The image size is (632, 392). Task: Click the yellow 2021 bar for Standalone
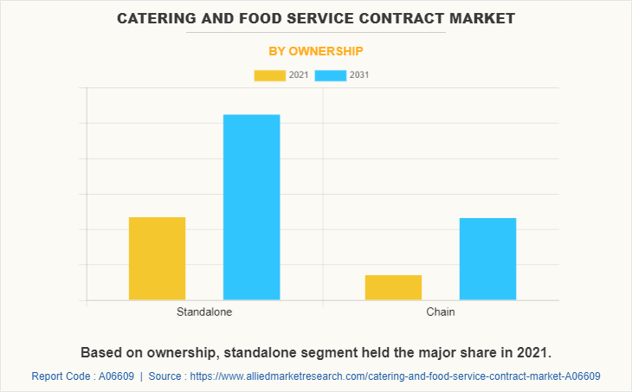[x=157, y=259]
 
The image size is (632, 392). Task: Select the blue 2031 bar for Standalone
[x=251, y=208]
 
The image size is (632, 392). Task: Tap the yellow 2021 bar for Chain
[x=393, y=287]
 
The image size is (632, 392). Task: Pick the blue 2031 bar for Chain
[x=487, y=259]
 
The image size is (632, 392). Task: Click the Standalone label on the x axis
[x=204, y=312]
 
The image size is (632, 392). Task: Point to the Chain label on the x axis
[x=440, y=312]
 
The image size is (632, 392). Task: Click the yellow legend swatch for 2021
[x=269, y=75]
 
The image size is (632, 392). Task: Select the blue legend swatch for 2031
[x=331, y=75]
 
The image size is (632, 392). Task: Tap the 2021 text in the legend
[x=299, y=75]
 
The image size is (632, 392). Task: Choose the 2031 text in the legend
[x=360, y=75]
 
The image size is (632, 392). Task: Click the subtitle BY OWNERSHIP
[x=316, y=51]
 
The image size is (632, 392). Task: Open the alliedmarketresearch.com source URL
[x=395, y=376]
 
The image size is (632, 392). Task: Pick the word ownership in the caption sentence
[x=181, y=353]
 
